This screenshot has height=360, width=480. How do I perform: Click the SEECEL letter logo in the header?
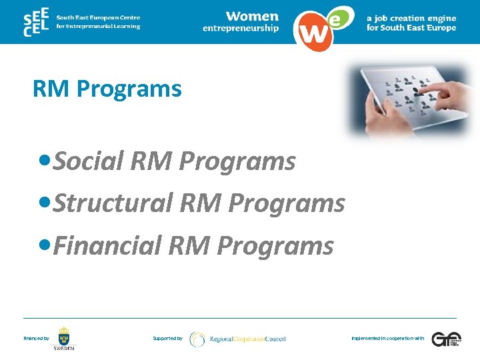tap(35, 22)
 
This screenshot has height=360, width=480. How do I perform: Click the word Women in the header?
tap(252, 16)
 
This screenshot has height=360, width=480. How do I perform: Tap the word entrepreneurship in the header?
tap(241, 28)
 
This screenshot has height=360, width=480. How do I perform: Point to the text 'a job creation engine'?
tap(411, 19)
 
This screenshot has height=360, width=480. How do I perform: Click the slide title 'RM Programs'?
tap(107, 89)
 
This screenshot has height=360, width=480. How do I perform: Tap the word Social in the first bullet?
tap(91, 161)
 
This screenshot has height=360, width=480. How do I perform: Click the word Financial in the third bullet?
tap(107, 246)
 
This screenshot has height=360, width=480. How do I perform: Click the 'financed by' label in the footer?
tap(36, 339)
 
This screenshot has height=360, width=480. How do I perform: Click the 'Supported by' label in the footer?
tap(167, 339)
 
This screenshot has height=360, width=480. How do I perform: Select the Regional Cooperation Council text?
tap(247, 339)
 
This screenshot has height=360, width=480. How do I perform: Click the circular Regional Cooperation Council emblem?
tap(197, 339)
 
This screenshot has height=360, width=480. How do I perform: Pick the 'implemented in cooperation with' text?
tap(387, 339)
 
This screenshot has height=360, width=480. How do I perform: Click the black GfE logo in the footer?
tap(445, 339)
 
